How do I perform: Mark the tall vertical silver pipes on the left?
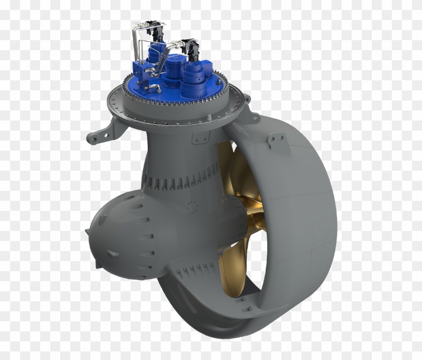point(136,45)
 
